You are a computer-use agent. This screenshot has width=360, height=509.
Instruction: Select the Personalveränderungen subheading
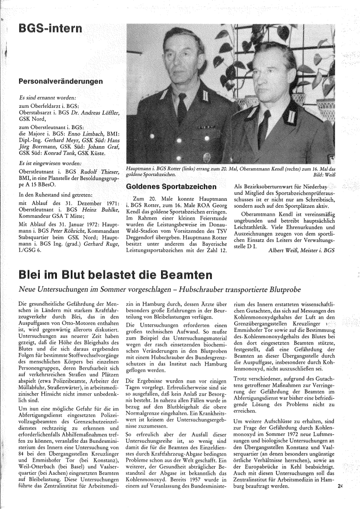(60, 81)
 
